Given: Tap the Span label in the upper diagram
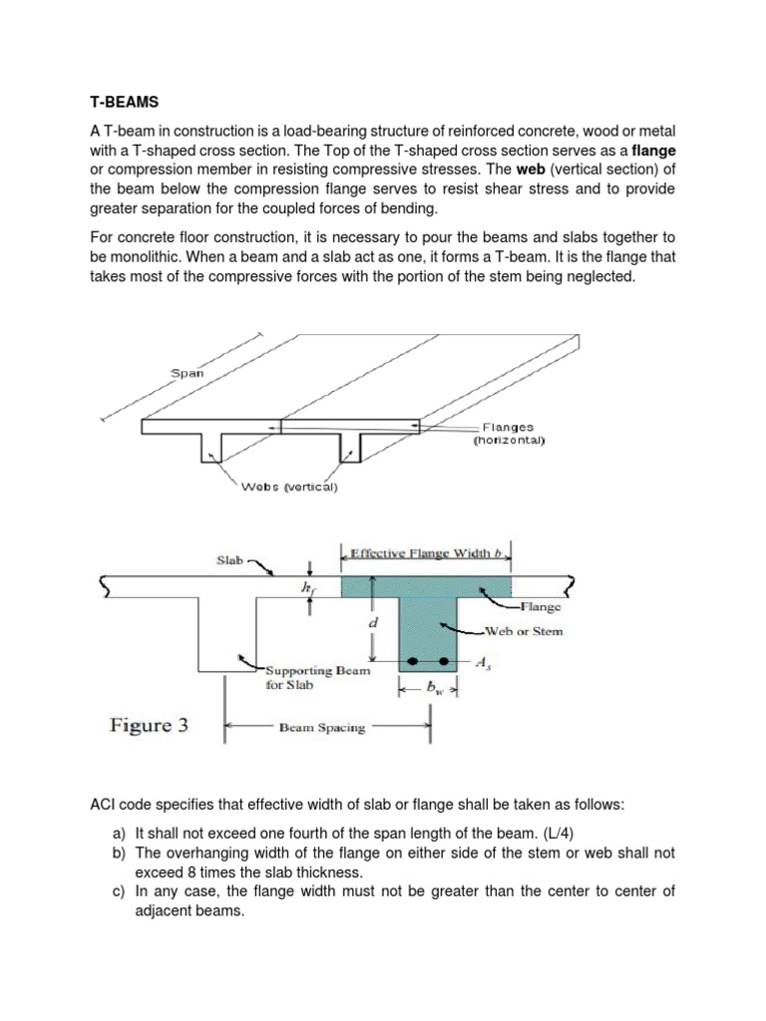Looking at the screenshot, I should click(x=187, y=374).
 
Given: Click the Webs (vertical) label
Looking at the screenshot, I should click(x=290, y=488).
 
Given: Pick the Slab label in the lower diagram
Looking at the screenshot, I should click(x=230, y=560).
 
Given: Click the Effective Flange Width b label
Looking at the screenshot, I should click(x=426, y=553).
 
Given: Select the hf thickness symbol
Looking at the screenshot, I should click(x=307, y=589).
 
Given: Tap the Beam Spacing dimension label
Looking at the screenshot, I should click(x=322, y=728).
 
